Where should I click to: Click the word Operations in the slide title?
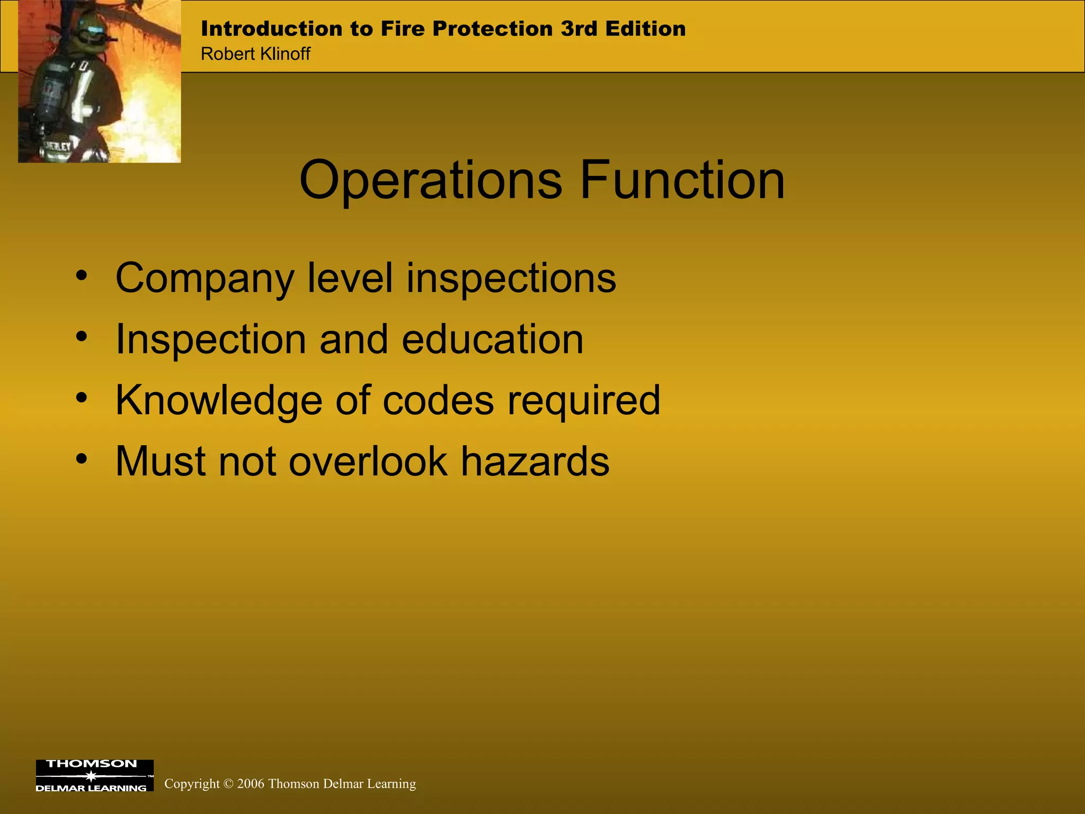(430, 181)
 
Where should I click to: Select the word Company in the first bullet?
(204, 279)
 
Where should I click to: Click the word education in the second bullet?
(492, 339)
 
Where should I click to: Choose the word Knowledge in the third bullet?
(219, 401)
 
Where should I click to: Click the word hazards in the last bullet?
(535, 461)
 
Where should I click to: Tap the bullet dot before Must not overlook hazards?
(81, 458)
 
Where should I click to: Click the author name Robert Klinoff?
(255, 54)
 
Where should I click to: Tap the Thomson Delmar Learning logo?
(94, 775)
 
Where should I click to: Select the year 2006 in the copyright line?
(251, 784)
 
